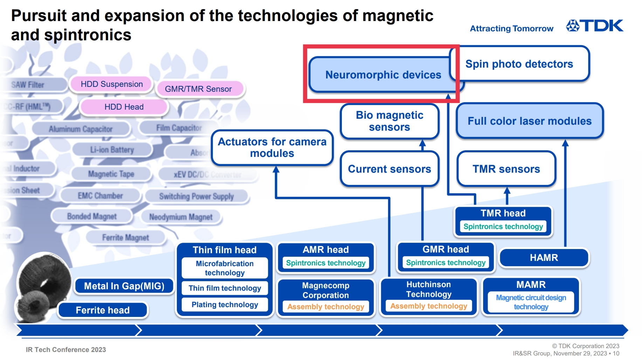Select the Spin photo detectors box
pos(519,64)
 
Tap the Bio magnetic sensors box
pos(389,121)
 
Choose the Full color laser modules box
pos(530,121)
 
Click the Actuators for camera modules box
pos(272,147)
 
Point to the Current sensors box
pos(389,169)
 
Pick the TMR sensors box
pos(506,169)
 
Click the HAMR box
pos(544,258)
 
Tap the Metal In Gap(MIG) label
pos(124,286)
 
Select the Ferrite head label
pos(103,310)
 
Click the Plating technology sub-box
pos(225,305)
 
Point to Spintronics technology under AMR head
pos(325,263)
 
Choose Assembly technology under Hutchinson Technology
pos(429,306)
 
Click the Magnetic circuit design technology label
pos(531,302)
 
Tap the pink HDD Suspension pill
pos(112,84)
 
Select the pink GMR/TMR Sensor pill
pos(198,89)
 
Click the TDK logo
pos(595,26)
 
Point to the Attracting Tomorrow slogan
pos(511,28)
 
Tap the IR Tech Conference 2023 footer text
pos(66,349)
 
